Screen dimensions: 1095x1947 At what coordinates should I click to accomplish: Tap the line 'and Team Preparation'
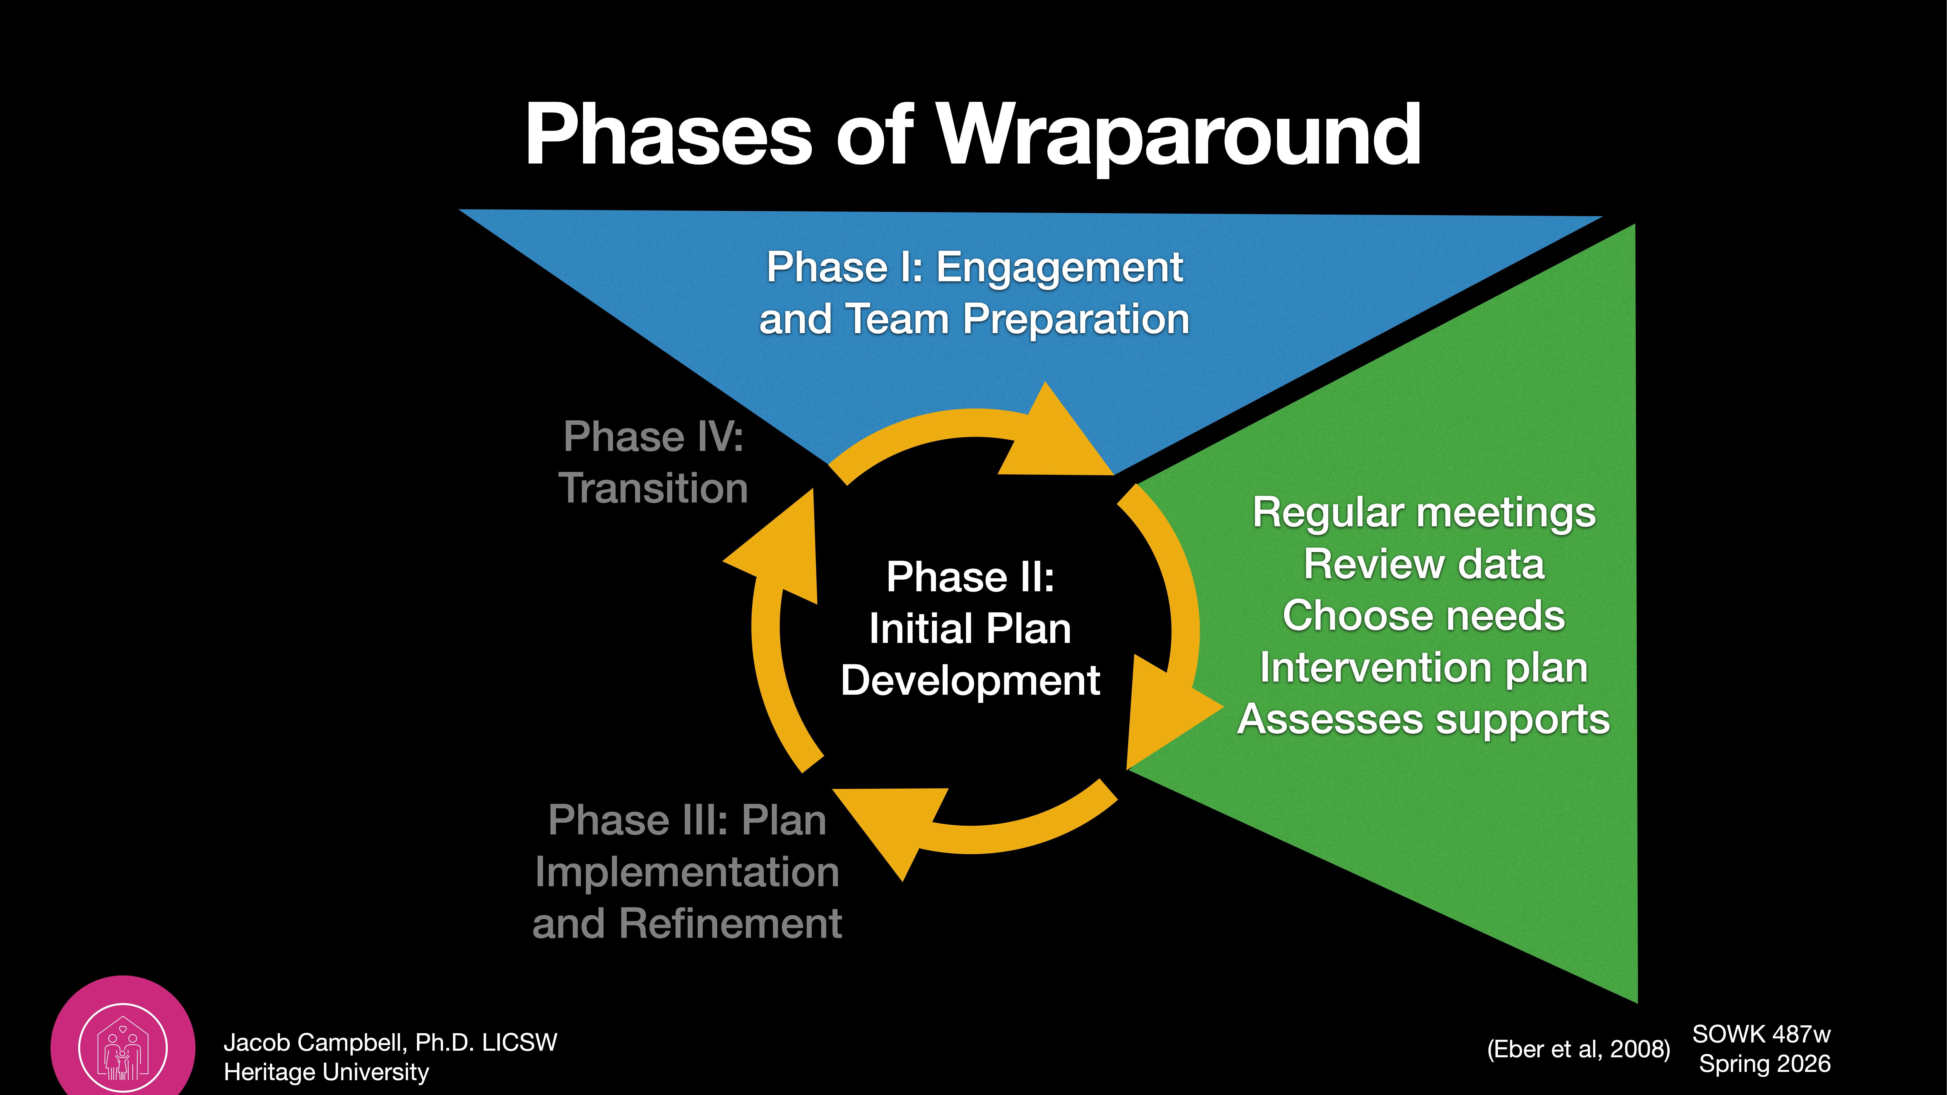(x=974, y=319)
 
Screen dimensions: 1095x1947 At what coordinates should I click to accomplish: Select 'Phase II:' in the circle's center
(x=970, y=577)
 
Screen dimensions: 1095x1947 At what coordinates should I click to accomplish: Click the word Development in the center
(x=970, y=680)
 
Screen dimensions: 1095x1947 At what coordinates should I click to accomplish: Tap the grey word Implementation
(x=687, y=872)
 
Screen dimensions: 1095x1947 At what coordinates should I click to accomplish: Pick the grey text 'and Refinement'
(x=687, y=923)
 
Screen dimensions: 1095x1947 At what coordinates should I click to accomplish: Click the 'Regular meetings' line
(x=1424, y=513)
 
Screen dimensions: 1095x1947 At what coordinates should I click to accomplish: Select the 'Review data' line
(x=1424, y=565)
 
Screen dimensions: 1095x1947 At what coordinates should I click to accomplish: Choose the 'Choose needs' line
(x=1424, y=616)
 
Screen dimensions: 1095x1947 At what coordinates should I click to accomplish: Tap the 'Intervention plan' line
(x=1424, y=668)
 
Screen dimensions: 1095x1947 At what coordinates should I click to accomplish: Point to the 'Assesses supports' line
(x=1424, y=720)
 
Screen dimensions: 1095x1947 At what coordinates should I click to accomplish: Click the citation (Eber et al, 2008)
(x=1578, y=1049)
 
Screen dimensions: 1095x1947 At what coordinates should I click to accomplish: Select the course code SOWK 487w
(x=1761, y=1034)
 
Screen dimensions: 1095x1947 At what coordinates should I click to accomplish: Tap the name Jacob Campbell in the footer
(x=318, y=1043)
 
